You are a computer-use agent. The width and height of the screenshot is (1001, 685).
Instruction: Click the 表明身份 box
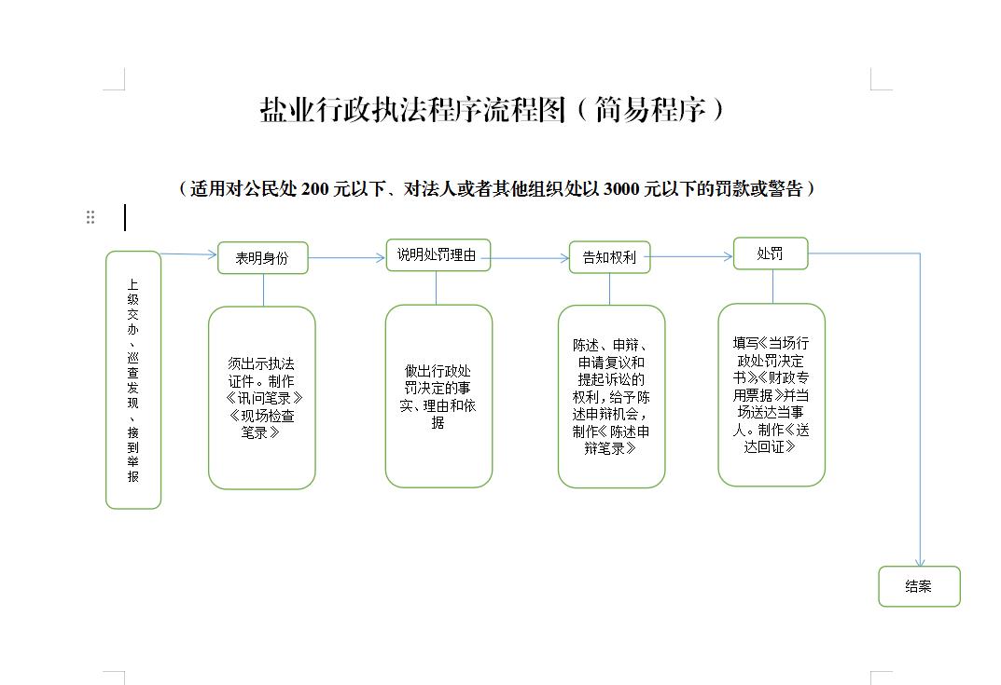pos(262,257)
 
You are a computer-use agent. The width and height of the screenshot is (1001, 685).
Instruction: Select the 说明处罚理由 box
pos(438,255)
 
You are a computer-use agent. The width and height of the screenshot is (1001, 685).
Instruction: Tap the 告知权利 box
pos(609,257)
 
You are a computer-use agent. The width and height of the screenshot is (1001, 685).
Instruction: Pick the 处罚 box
pos(770,253)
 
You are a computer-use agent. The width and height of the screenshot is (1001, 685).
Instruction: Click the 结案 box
pos(919,586)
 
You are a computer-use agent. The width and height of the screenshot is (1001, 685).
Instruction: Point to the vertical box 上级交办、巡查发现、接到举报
pos(132,380)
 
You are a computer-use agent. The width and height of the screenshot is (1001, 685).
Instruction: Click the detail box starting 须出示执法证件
pos(262,398)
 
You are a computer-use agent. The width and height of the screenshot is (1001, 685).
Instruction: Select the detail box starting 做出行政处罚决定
pos(438,396)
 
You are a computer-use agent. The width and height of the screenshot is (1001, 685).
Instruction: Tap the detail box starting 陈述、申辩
pos(612,397)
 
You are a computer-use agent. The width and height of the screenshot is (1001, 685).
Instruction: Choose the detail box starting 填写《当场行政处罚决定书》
pos(772,395)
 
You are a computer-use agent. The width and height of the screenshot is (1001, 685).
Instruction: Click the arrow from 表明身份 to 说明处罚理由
pos(347,257)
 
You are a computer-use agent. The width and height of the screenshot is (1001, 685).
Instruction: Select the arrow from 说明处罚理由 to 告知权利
pos(530,257)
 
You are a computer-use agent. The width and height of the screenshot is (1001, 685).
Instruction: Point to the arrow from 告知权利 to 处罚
pos(691,256)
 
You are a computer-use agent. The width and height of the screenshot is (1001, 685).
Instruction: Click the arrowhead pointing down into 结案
pos(920,562)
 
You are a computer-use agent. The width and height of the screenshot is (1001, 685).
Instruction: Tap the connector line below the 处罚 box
pos(772,286)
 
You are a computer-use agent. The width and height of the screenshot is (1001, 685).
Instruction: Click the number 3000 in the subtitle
pos(622,189)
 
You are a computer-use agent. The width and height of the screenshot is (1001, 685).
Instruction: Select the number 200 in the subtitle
pos(315,189)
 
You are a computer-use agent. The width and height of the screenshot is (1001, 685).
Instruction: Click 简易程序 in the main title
pos(650,110)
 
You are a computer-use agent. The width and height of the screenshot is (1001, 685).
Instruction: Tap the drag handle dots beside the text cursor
pos(90,217)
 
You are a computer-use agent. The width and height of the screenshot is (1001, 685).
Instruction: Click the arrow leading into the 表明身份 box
pos(189,254)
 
